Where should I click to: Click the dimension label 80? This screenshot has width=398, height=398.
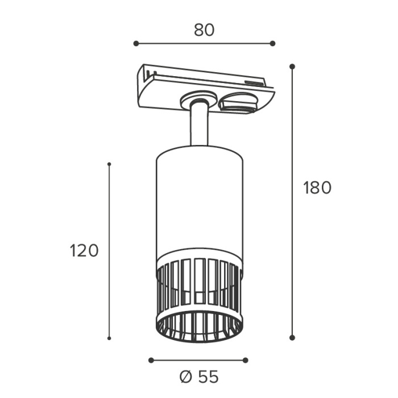coord(204,30)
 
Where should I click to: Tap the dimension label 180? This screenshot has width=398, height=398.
coord(317,188)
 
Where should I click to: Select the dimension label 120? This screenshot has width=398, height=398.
coord(84,251)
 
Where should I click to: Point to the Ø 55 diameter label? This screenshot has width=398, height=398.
coord(199,376)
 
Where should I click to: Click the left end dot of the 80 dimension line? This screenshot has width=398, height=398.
coord(136,43)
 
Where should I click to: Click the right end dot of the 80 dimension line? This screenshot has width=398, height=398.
coord(272,43)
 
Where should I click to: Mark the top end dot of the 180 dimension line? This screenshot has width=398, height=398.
coord(292,67)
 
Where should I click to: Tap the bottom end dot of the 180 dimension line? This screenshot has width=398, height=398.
coord(292,337)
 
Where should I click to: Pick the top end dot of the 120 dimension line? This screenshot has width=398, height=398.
coord(109,164)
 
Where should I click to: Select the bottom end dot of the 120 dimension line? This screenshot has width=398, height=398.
coord(109,338)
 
